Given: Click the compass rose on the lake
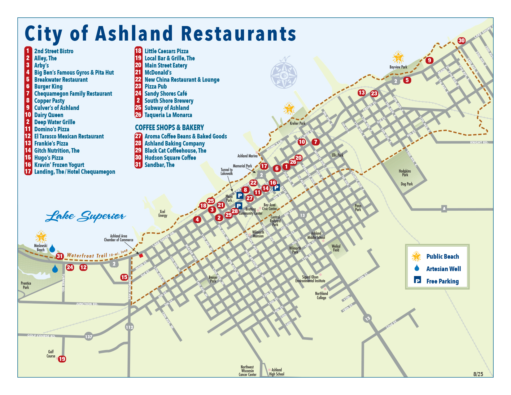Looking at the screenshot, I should click(284, 75).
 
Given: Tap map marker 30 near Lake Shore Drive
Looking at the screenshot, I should click(461, 41).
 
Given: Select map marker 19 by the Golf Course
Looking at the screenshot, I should click(62, 359).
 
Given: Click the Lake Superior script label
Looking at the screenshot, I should click(85, 216).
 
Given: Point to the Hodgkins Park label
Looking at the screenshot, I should click(405, 173).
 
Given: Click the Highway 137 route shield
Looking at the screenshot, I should click(89, 337).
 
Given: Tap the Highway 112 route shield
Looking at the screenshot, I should click(129, 327).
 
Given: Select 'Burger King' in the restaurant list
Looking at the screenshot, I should click(48, 86).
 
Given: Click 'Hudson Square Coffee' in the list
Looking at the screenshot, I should click(170, 158).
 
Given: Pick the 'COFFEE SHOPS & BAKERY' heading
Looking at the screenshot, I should click(169, 128).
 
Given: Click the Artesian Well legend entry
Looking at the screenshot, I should click(443, 269).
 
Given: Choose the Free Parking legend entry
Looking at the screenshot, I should click(442, 281).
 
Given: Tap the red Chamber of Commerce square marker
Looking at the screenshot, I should click(141, 256).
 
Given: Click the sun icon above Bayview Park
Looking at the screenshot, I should click(398, 58).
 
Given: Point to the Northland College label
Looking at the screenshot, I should click(321, 296).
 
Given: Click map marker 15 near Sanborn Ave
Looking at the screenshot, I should click(124, 277).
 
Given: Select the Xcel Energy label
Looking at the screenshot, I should click(163, 213).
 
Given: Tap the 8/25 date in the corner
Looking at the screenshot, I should click(478, 374).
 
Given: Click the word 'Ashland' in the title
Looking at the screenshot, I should click(134, 33).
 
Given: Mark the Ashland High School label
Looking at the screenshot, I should click(277, 372).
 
